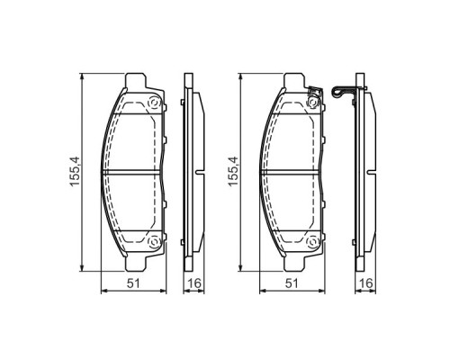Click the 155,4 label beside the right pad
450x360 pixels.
pos(233,172)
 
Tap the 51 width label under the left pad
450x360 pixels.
pos(131,283)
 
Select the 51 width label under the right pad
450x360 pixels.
pos(292,283)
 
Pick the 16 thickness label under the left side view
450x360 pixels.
pos(190,283)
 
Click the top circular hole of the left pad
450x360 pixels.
pos(153,103)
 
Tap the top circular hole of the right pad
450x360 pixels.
pos(314,103)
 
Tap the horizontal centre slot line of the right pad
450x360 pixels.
pos(292,172)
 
